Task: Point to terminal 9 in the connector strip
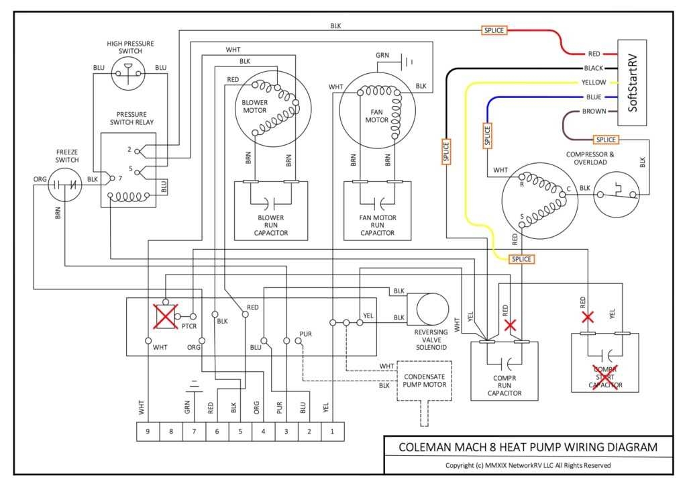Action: point(148,432)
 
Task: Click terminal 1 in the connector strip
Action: point(332,432)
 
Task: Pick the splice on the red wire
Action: point(494,30)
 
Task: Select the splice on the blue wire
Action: point(487,136)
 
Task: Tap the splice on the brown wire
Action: point(605,140)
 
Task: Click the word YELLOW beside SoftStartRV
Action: point(594,83)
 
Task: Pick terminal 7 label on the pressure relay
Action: point(119,179)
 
